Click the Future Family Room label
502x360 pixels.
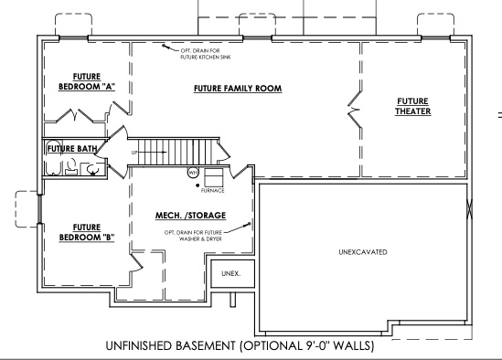[237, 89]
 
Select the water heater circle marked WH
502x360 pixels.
[193, 172]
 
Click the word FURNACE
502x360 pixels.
[213, 191]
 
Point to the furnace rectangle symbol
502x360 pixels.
[214, 176]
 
